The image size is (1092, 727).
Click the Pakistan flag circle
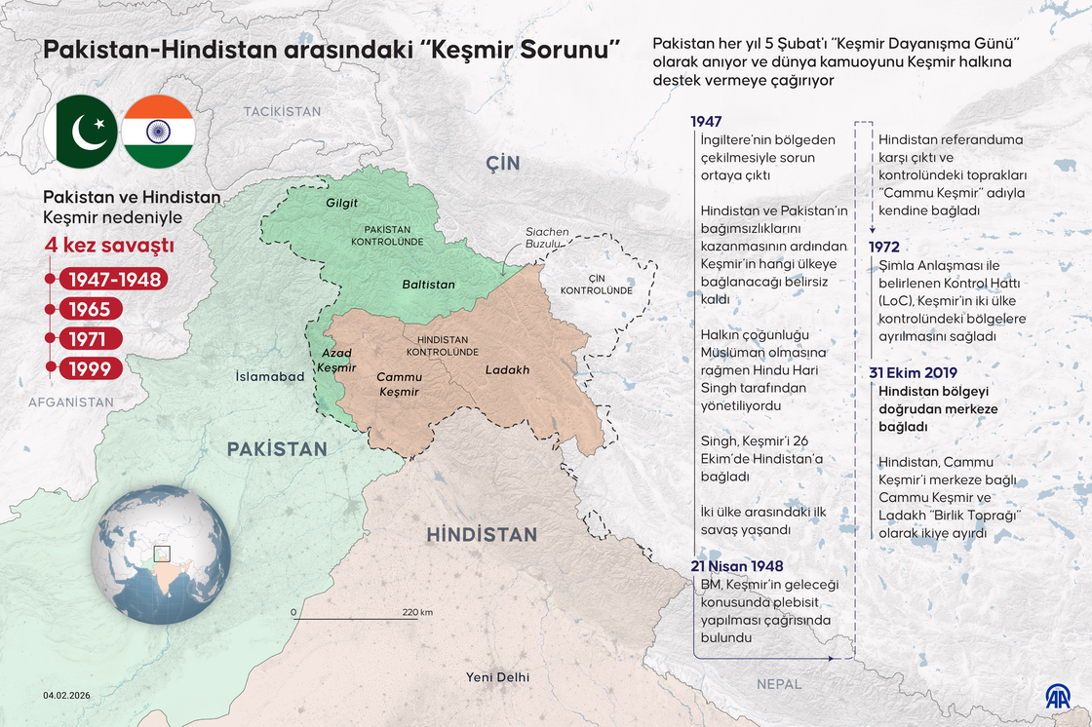click(81, 132)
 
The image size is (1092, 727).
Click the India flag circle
click(158, 132)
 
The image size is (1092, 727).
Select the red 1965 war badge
click(91, 310)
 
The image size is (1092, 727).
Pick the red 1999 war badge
click(91, 368)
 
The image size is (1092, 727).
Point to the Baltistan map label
click(428, 285)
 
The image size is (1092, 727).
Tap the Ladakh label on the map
click(507, 369)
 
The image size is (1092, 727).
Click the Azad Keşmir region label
click(336, 360)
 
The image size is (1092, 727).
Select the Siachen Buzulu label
click(547, 238)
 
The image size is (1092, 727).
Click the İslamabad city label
click(270, 376)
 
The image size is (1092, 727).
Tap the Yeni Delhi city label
click(497, 677)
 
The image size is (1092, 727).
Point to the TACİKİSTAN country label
click(282, 112)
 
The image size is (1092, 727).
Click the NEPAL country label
click(778, 684)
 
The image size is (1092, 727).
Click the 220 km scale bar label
click(417, 612)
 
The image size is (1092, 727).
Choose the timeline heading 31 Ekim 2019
click(913, 372)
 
